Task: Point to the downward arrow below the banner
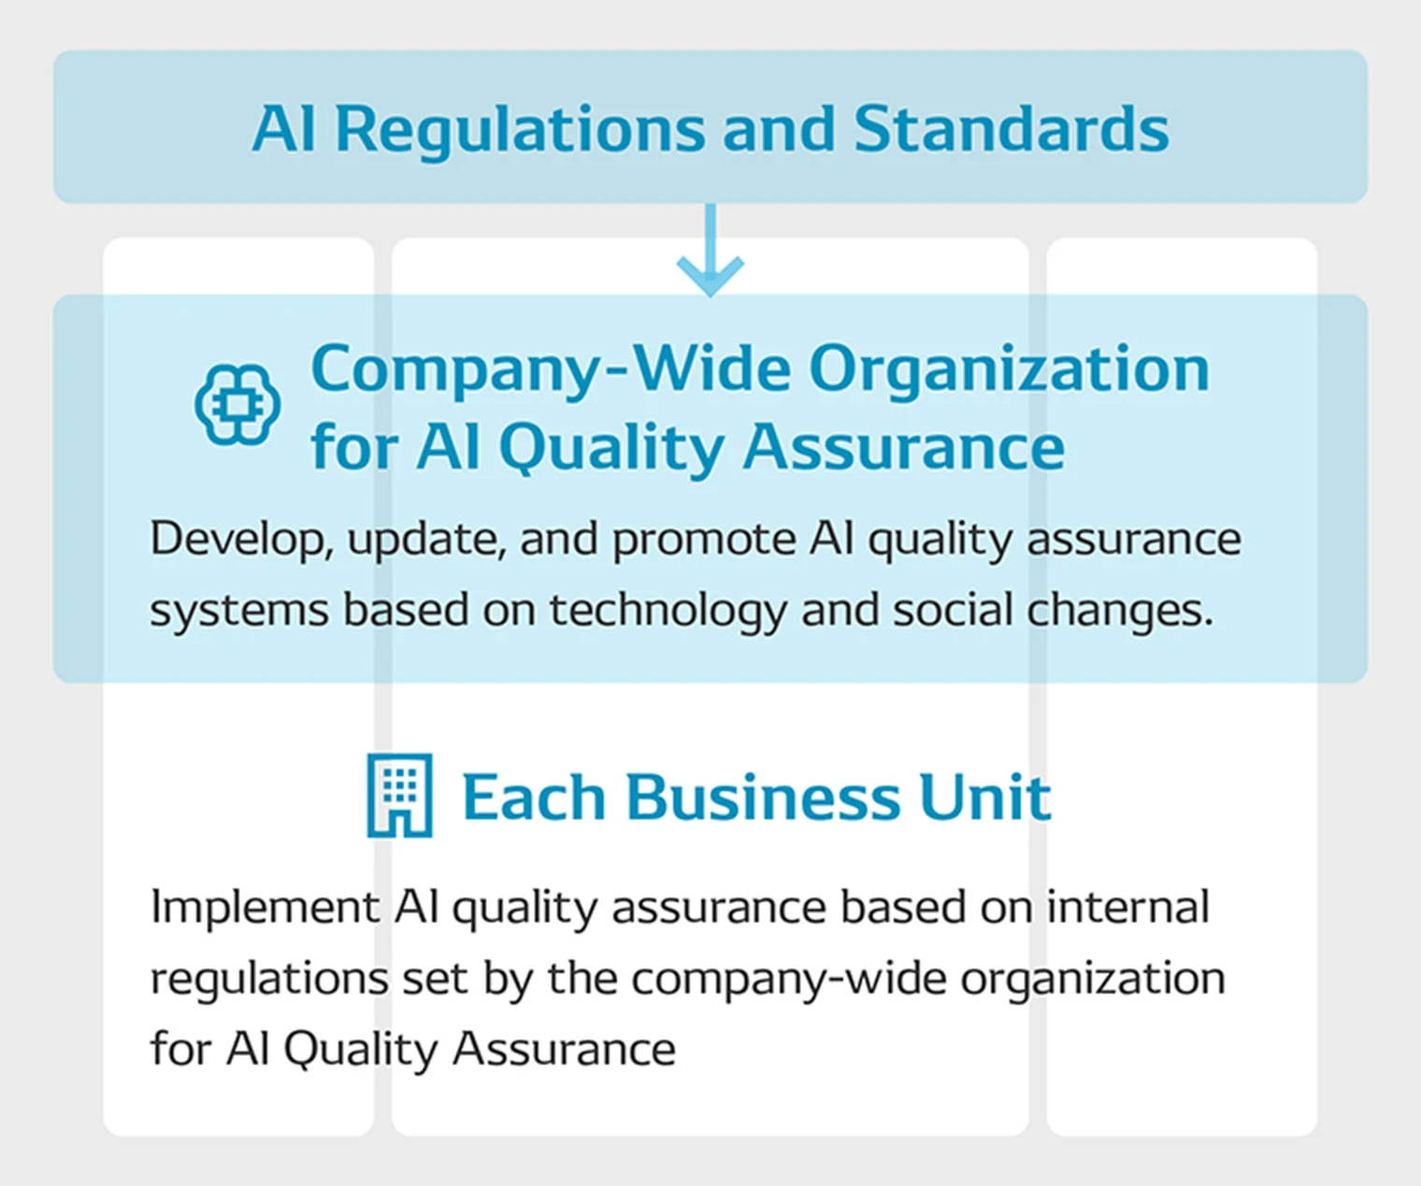coord(710,251)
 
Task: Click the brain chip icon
coord(237,405)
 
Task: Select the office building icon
coord(399,795)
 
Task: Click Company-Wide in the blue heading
coord(551,371)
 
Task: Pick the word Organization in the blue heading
coord(1010,371)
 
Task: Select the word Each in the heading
coord(534,797)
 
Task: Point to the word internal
coord(1128,907)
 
